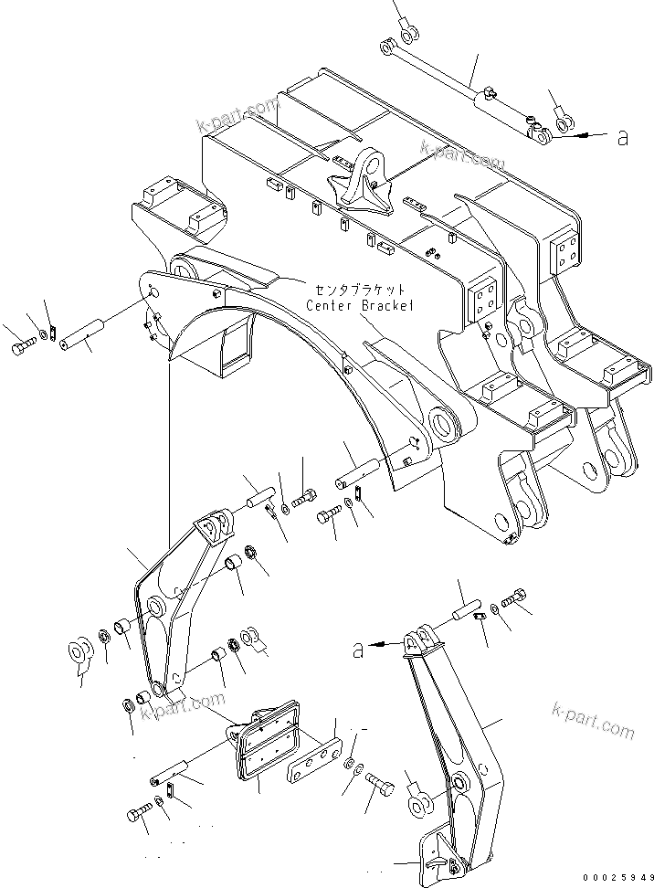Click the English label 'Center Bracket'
coord(359,305)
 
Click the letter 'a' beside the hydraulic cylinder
coord(623,137)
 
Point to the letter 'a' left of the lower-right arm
coord(359,650)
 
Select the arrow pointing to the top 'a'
coord(585,135)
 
